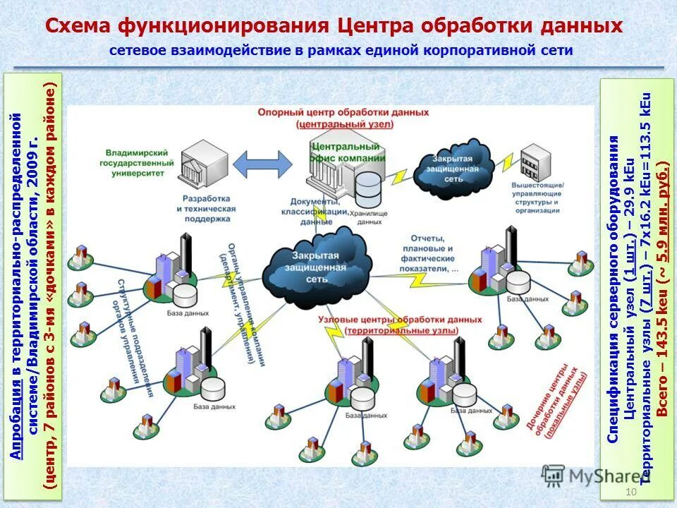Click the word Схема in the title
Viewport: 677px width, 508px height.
pyautogui.click(x=77, y=26)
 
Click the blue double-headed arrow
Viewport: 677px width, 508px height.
pyautogui.click(x=262, y=164)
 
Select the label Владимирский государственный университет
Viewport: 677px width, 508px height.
pyautogui.click(x=139, y=162)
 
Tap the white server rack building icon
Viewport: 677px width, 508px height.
pyautogui.click(x=537, y=164)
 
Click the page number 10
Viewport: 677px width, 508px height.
pyautogui.click(x=630, y=492)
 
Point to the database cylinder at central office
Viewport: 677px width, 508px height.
pyautogui.click(x=367, y=188)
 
